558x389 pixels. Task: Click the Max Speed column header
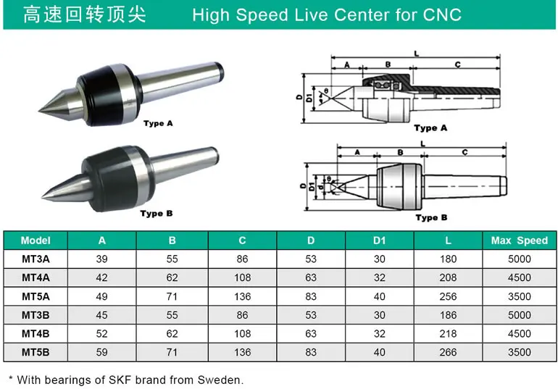(x=519, y=240)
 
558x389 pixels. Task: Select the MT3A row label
(x=36, y=259)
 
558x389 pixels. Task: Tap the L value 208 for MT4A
(x=448, y=277)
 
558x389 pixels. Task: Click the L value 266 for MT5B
(x=448, y=352)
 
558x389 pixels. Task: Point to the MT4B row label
(x=36, y=334)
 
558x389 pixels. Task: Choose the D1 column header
(x=380, y=240)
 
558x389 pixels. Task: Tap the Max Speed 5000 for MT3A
(x=519, y=259)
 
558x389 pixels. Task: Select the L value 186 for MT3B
(x=448, y=315)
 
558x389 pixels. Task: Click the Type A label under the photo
(x=158, y=123)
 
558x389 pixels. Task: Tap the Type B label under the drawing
(x=431, y=217)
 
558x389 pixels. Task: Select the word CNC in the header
(x=441, y=15)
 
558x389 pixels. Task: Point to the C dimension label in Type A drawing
(x=457, y=64)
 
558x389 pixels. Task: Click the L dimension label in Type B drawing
(x=422, y=144)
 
